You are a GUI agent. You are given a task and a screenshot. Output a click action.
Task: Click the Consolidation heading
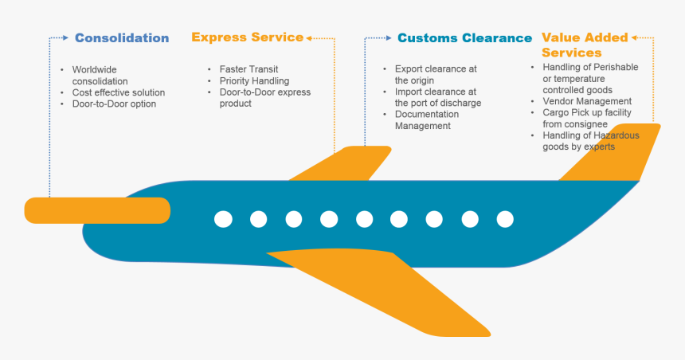(x=121, y=37)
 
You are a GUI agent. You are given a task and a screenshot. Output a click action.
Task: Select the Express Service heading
(x=247, y=37)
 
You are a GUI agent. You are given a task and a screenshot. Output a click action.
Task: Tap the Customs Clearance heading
(x=464, y=37)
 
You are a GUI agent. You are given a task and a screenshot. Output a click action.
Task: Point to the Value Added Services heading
(x=584, y=45)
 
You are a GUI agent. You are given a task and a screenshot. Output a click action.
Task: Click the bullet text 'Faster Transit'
(x=249, y=69)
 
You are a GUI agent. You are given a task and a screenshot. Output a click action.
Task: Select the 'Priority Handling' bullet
(x=254, y=80)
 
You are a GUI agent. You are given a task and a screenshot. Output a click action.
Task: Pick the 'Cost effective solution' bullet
(x=118, y=92)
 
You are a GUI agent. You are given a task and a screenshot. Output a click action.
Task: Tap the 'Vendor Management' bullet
(x=587, y=101)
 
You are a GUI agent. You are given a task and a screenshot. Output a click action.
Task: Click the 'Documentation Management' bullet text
(x=427, y=119)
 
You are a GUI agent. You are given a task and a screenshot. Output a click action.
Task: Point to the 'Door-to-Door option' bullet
(x=114, y=104)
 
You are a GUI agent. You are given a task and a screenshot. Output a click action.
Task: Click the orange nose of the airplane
(x=97, y=210)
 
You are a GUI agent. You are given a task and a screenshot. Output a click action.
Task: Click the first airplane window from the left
(x=223, y=219)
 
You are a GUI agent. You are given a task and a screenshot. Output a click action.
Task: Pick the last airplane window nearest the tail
(x=505, y=219)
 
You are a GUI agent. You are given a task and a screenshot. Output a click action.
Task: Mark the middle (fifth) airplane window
(x=364, y=219)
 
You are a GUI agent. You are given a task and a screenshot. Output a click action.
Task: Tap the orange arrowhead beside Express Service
(x=310, y=37)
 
